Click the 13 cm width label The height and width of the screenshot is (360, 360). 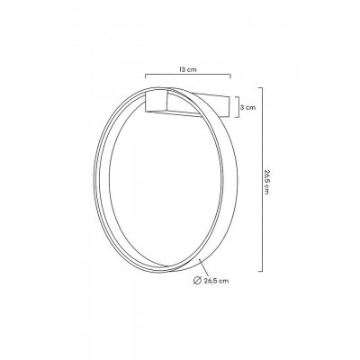coord(187,68)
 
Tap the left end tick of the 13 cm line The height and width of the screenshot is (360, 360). coord(145,77)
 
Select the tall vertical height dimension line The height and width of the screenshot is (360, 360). coord(260,180)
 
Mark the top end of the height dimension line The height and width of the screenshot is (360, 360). coord(260,88)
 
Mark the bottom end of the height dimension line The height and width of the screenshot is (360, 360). coord(260,271)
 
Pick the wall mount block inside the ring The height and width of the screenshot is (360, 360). coord(161,101)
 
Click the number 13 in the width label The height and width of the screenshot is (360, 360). coord(183,68)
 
